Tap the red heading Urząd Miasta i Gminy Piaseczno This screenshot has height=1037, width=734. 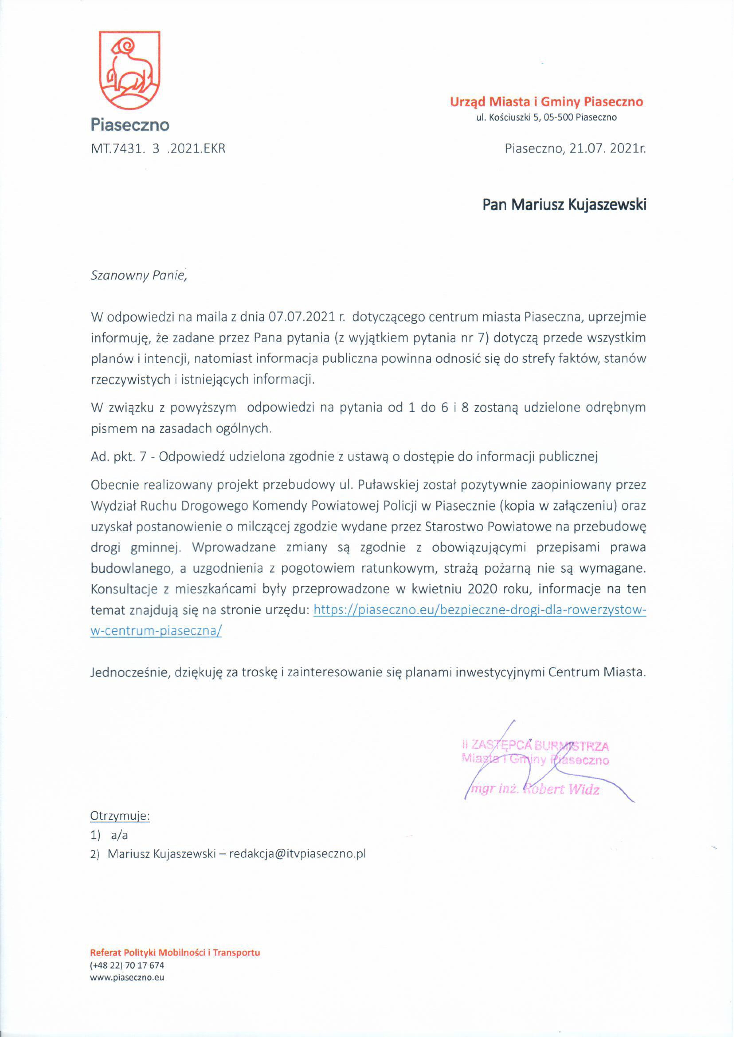pos(546,102)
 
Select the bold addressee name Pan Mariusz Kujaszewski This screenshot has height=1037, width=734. pos(564,205)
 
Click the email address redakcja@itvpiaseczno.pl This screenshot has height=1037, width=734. pos(297,854)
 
